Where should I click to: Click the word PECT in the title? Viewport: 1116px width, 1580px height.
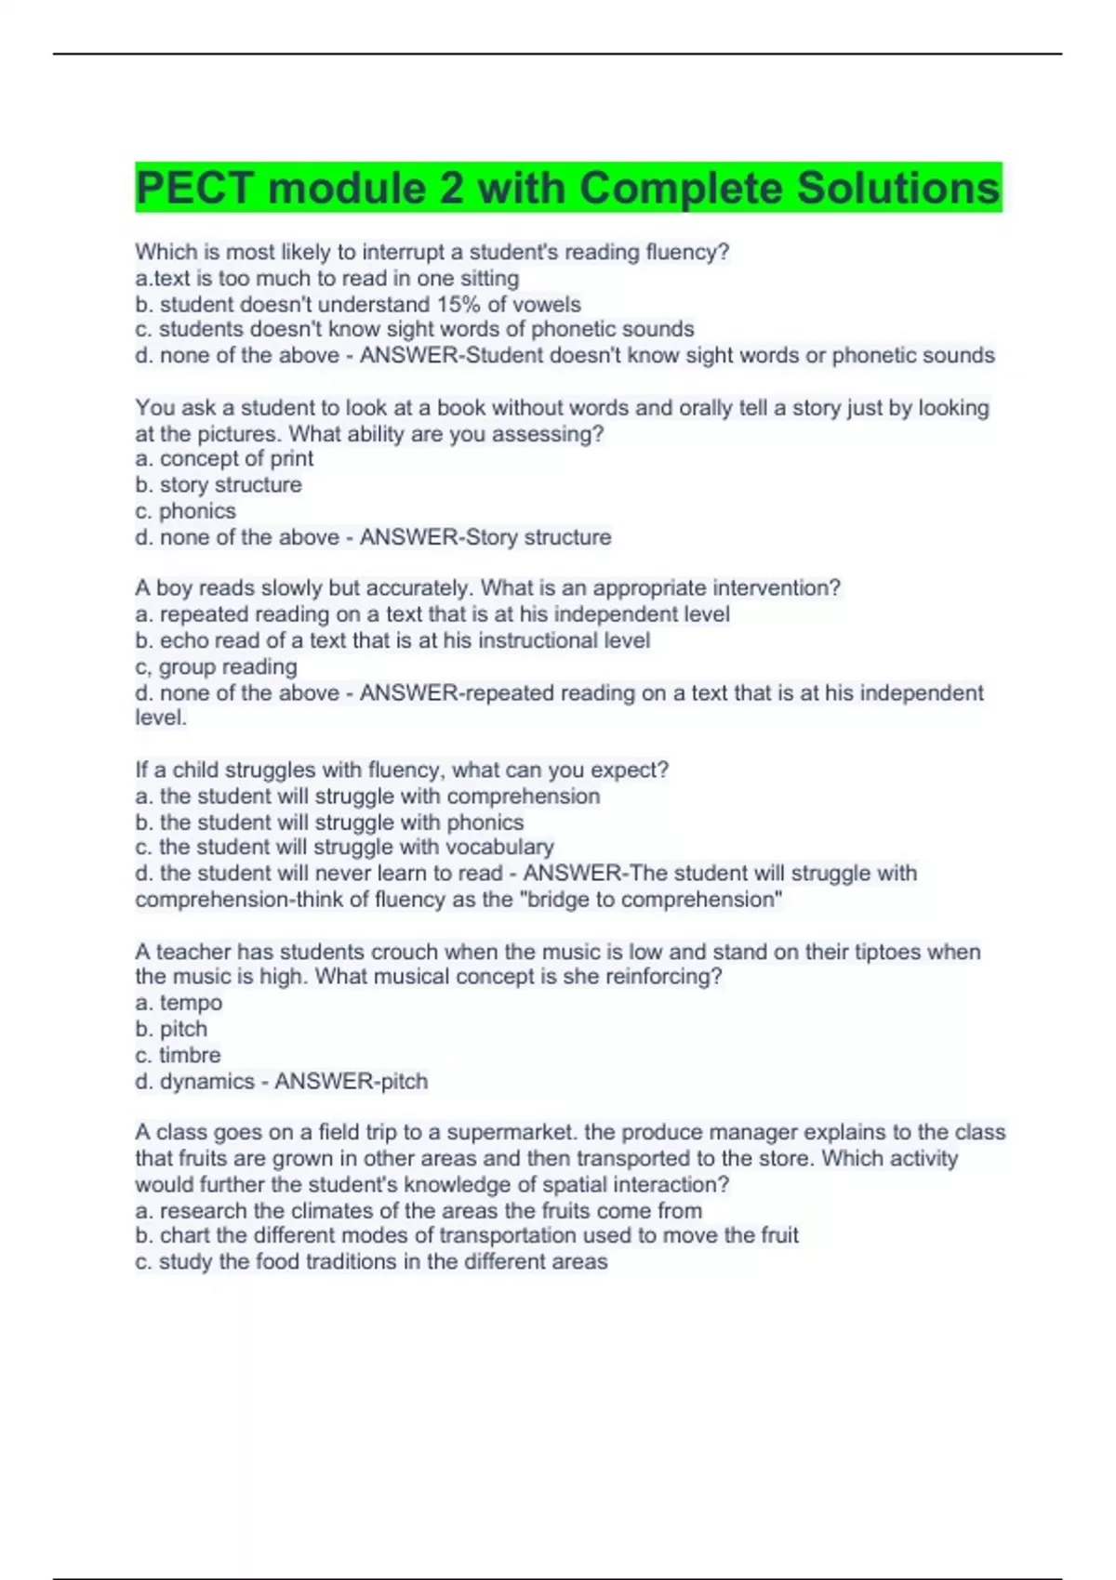point(194,189)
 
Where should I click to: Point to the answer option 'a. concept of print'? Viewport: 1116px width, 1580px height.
point(224,459)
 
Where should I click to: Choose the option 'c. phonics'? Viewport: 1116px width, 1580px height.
point(185,511)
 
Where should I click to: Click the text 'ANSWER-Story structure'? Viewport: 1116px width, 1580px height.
point(485,537)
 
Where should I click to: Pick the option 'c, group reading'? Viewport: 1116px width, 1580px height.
point(216,667)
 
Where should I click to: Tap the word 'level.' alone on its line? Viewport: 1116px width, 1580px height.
point(161,718)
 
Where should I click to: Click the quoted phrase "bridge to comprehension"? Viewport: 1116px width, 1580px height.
point(655,900)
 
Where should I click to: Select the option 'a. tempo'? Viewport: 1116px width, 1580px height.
point(179,1003)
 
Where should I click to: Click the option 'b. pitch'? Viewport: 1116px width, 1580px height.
point(171,1029)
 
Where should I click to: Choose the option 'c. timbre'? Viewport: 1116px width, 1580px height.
point(178,1055)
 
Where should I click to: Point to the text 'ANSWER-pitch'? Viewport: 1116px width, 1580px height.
point(352,1082)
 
